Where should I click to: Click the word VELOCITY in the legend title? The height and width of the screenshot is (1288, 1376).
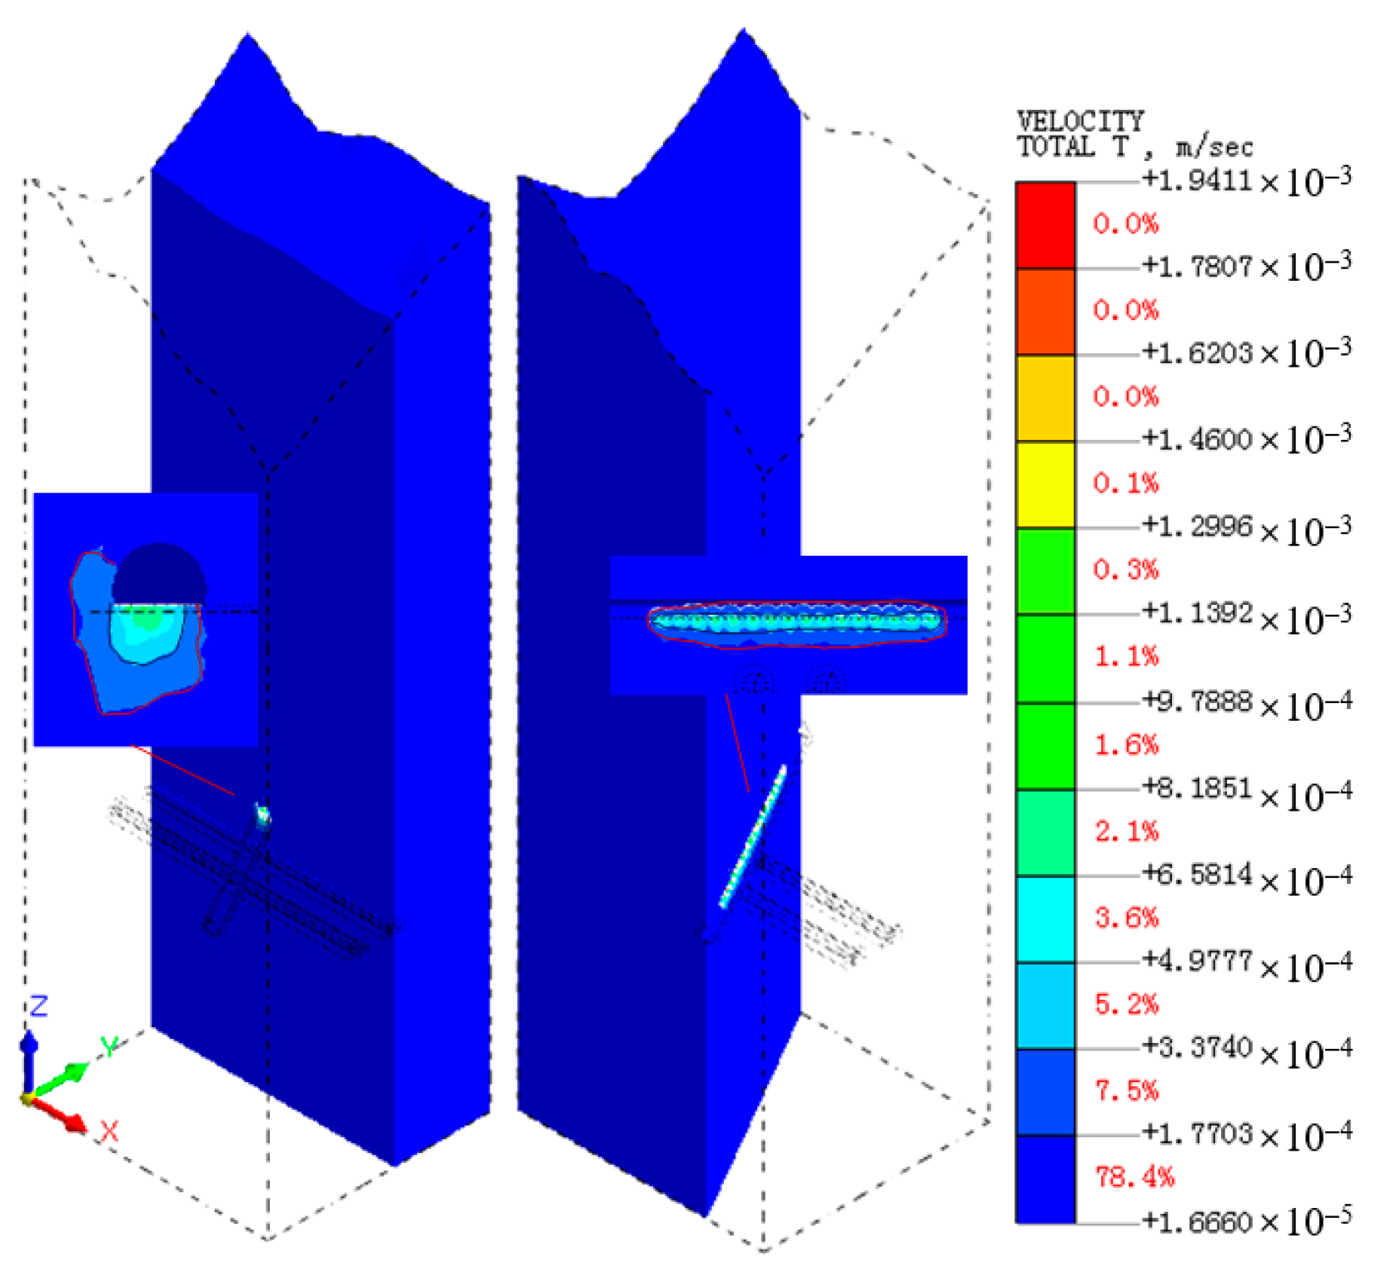point(1080,122)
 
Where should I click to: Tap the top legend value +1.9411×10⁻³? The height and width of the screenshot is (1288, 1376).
point(1246,179)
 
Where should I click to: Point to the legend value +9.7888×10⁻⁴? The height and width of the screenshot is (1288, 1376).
point(1246,701)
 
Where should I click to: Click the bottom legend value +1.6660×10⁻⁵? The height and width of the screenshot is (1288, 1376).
point(1246,1221)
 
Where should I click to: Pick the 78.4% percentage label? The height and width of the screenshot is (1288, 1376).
point(1134,1176)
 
